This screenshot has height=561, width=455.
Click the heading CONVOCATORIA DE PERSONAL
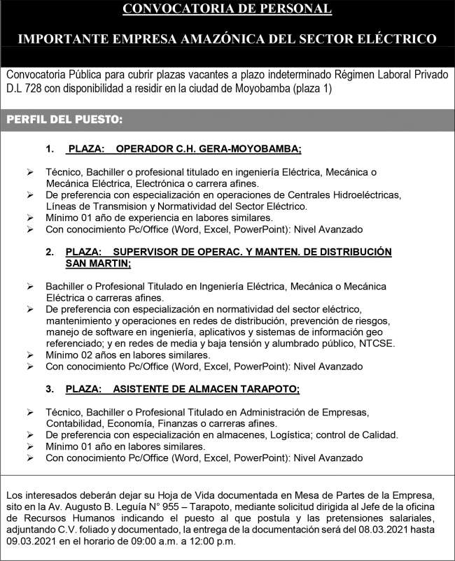click(x=227, y=9)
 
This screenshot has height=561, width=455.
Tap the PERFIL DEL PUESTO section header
click(x=64, y=120)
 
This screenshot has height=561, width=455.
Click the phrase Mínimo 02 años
click(x=78, y=355)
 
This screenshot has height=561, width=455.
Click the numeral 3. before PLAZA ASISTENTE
click(x=49, y=388)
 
